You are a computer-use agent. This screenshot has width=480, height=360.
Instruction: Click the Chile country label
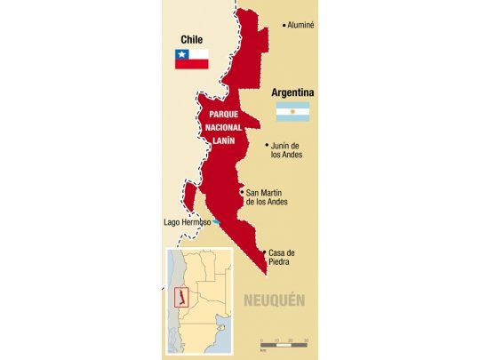coord(191,39)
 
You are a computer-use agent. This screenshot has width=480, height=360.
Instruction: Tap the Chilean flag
coord(191,59)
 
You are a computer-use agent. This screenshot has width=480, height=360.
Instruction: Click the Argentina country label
coord(294,92)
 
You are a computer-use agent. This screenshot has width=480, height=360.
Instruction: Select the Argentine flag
coord(292,112)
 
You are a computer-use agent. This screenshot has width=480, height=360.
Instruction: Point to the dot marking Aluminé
coord(284,25)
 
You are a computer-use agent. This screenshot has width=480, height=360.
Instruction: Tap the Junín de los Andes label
coord(287,149)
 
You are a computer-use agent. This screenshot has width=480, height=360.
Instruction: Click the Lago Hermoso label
coord(187,222)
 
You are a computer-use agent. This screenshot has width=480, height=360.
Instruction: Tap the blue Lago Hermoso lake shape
coord(217,222)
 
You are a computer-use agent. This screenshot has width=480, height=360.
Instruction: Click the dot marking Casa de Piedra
coord(265,252)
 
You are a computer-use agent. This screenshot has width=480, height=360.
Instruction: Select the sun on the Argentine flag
coord(292,112)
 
